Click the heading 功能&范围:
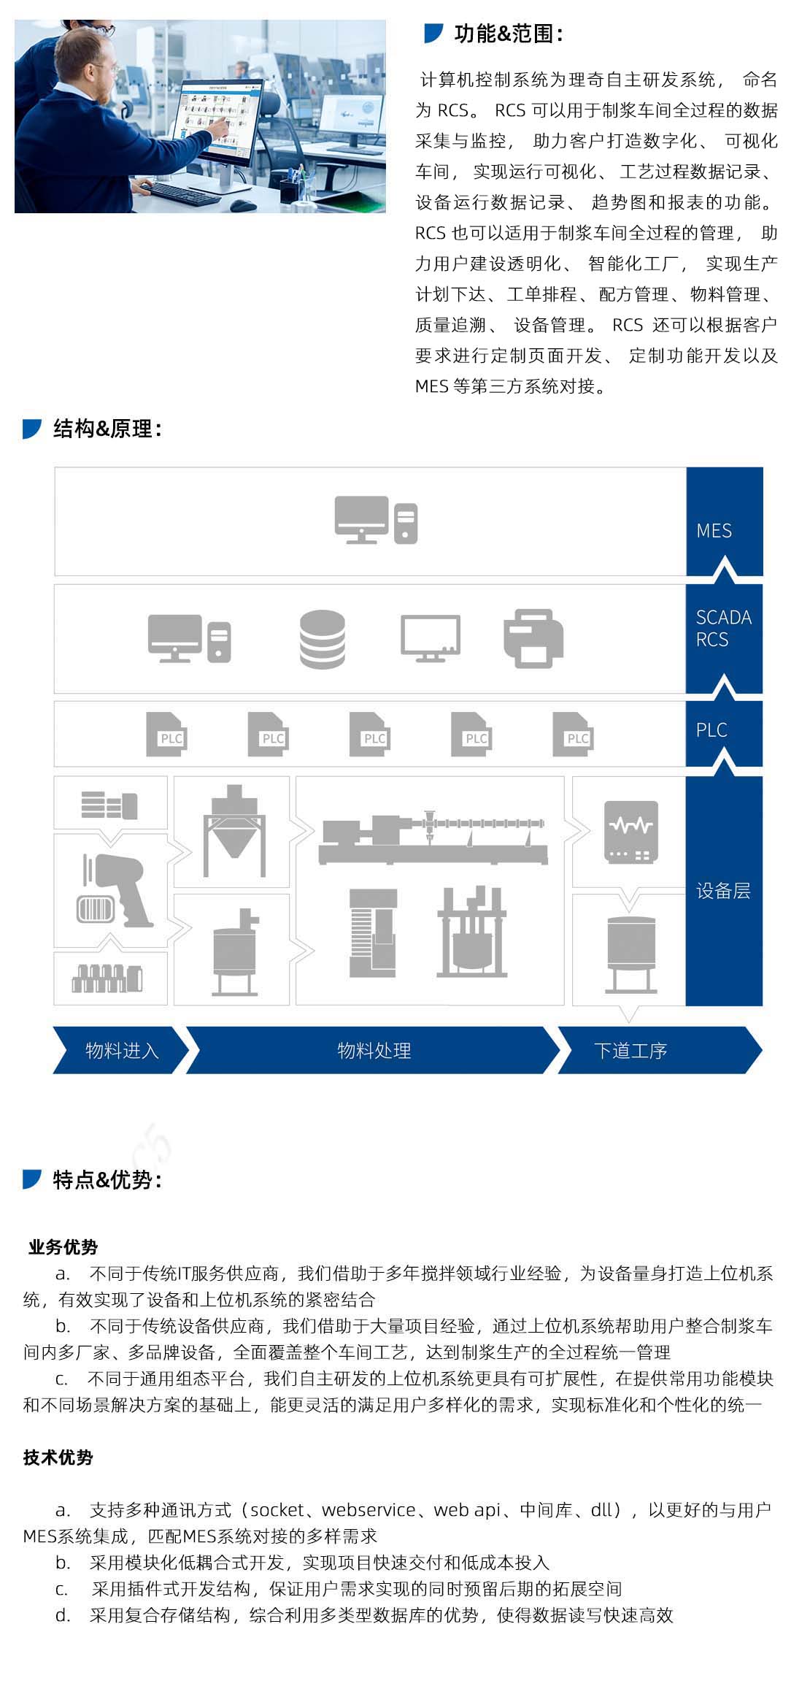point(508,34)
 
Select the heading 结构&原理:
point(107,429)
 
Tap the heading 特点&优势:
point(107,1179)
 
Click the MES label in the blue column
point(714,531)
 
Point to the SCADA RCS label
point(723,628)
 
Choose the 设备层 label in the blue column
point(723,890)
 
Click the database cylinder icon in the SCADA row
point(323,639)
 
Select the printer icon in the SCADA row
point(533,638)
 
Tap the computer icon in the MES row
point(376,520)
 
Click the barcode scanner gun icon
point(117,891)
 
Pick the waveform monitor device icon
point(631,832)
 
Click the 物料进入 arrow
point(121,1050)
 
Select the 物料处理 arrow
point(374,1050)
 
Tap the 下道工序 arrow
point(630,1050)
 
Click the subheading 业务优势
point(63,1246)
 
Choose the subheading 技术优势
point(58,1457)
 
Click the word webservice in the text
point(369,1509)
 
